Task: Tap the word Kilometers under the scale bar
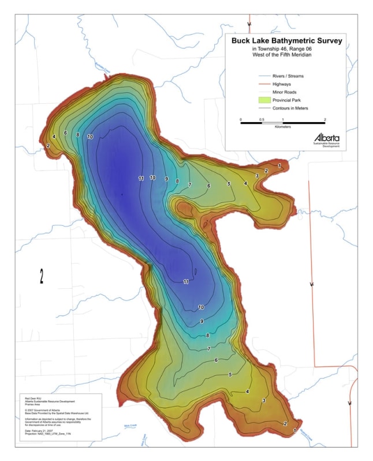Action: [283, 127]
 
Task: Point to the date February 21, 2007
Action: [40, 430]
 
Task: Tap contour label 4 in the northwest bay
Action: [54, 137]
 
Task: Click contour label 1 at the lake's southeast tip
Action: [295, 430]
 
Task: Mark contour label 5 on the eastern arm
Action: [229, 184]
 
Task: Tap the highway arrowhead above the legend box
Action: [249, 25]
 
